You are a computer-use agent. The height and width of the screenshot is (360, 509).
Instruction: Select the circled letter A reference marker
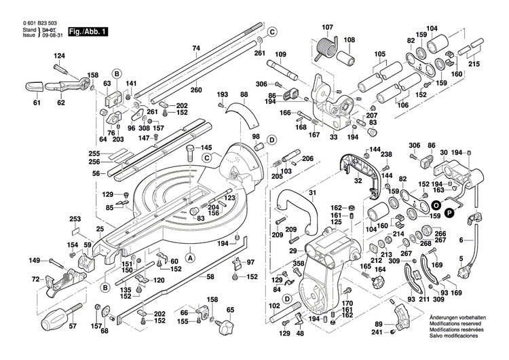pyautogui.click(x=190, y=257)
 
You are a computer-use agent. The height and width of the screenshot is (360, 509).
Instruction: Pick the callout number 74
pyautogui.click(x=196, y=48)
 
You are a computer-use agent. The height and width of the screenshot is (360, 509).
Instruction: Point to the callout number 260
pyautogui.click(x=196, y=90)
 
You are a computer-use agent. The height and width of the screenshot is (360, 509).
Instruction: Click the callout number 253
pyautogui.click(x=75, y=219)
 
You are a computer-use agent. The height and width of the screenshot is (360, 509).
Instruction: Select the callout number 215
pyautogui.click(x=474, y=64)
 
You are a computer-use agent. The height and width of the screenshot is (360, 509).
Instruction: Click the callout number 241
pyautogui.click(x=377, y=332)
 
